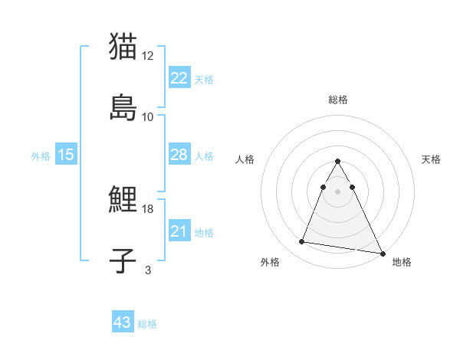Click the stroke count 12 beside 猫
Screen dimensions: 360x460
148,56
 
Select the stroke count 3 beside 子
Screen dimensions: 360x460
148,270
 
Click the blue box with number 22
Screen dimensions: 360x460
179,78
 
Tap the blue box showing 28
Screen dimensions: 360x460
179,155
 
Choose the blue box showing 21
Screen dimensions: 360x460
179,231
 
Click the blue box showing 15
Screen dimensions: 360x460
66,155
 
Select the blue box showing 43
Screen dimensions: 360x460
123,322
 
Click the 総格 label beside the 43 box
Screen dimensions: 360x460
147,324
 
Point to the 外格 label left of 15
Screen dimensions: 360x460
41,156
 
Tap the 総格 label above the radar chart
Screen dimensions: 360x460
337,100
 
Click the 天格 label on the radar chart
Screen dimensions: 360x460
431,159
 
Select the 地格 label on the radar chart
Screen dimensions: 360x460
402,262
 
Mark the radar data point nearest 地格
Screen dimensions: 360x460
382,254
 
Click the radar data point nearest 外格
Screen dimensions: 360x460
301,242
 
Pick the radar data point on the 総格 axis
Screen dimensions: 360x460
337,161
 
